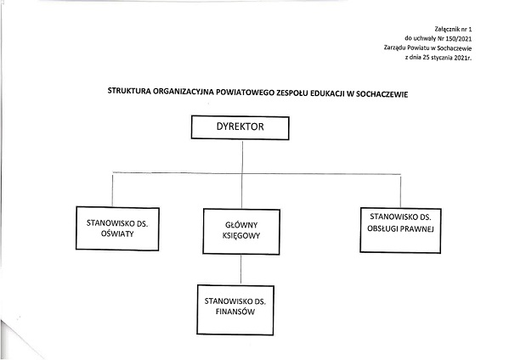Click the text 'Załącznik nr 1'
[453, 29]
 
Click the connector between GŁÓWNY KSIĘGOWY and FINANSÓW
[240, 269]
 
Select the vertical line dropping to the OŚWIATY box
[112, 189]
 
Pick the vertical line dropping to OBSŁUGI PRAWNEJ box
[400, 191]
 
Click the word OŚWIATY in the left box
[117, 233]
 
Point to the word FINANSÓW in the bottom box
[235, 312]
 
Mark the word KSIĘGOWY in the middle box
[241, 236]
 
